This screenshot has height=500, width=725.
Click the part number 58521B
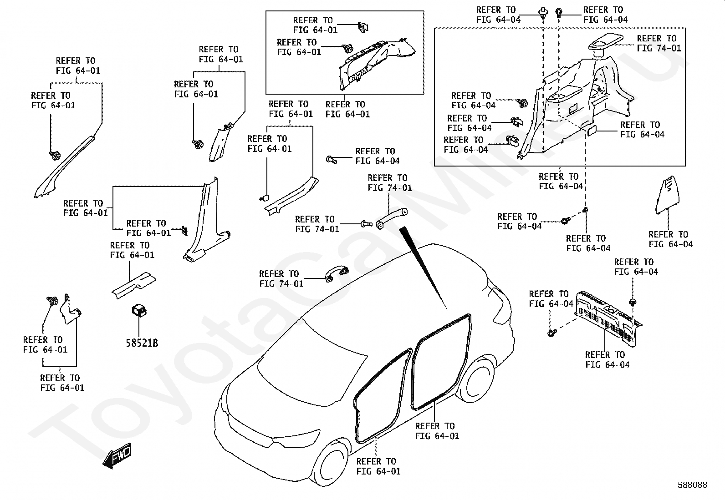click(x=142, y=343)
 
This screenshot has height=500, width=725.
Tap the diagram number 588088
click(x=692, y=485)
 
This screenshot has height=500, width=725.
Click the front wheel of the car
click(x=331, y=464)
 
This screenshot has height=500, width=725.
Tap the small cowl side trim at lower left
click(x=70, y=310)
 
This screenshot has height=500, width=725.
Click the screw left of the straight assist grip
click(x=365, y=223)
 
